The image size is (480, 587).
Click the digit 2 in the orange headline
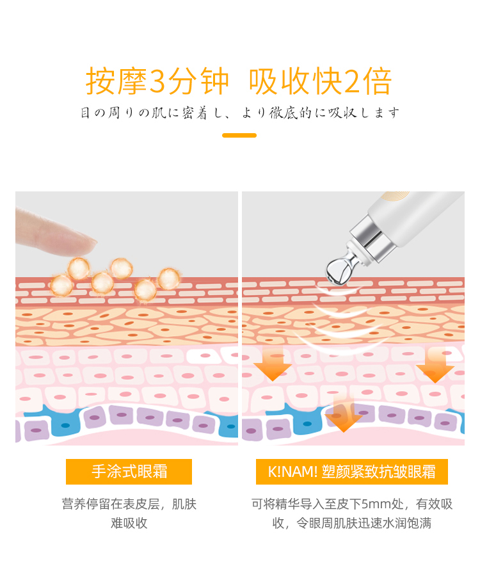click(x=352, y=81)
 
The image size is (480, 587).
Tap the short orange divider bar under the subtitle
click(x=239, y=136)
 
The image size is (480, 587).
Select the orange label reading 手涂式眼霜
click(x=129, y=472)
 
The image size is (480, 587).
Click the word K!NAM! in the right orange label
click(x=292, y=472)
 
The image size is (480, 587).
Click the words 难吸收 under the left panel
click(x=129, y=523)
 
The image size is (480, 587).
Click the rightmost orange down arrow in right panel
click(x=435, y=366)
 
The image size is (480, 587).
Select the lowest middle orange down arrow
click(x=344, y=414)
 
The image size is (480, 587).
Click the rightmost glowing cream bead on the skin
click(x=169, y=279)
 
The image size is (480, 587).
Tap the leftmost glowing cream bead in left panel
click(x=61, y=285)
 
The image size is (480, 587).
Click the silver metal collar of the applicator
click(x=369, y=239)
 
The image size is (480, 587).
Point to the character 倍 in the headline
click(x=377, y=81)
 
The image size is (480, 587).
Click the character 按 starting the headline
click(x=101, y=81)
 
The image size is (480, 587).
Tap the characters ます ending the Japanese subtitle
click(x=387, y=113)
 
